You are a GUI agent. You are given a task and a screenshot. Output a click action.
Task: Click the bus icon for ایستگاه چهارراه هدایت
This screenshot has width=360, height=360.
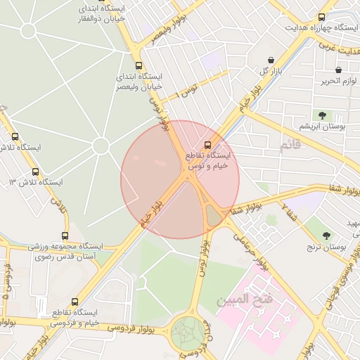tap(322, 17)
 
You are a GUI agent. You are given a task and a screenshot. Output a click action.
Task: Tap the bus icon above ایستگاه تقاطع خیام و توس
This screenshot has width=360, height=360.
tap(207, 145)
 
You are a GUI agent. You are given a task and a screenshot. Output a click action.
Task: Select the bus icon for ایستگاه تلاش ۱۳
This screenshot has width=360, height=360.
tap(36, 172)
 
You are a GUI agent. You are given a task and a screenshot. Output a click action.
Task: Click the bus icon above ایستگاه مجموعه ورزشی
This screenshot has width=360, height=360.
tap(65, 236)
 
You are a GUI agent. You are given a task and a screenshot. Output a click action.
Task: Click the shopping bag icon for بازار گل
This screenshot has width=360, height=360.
tap(271, 60)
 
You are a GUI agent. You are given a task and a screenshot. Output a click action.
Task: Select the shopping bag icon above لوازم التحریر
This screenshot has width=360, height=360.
tap(339, 70)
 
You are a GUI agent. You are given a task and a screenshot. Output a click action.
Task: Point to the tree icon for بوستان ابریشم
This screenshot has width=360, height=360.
tap(322, 115)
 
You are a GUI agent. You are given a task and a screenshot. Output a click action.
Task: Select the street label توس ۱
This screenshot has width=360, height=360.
tap(187, 89)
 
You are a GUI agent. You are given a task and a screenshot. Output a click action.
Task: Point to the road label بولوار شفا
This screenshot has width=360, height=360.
tap(335, 188)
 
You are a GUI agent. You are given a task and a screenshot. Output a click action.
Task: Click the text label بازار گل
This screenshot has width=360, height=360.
tap(272, 72)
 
